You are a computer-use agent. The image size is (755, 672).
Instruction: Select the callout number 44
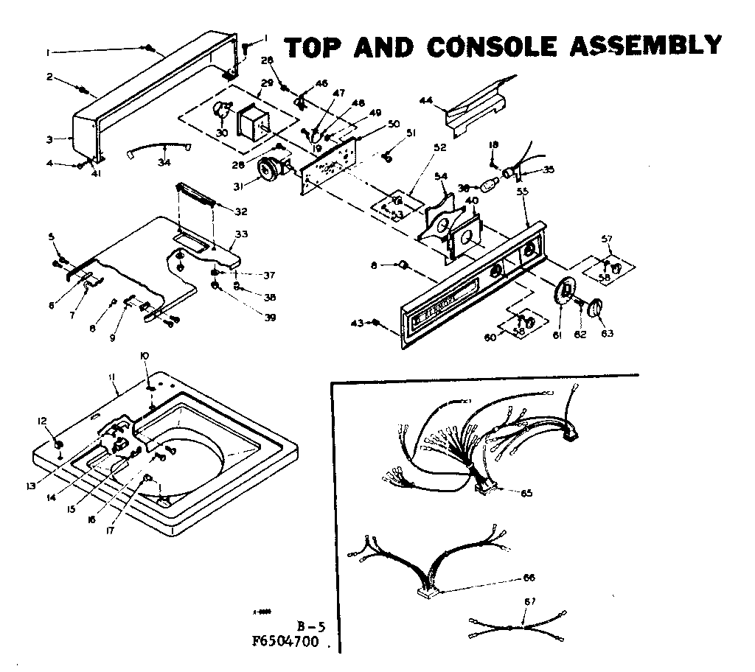[426, 99]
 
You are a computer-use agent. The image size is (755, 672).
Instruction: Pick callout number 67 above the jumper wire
[528, 602]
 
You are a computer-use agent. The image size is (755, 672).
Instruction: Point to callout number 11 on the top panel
[112, 377]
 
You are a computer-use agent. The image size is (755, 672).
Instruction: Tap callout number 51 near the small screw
[411, 133]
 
